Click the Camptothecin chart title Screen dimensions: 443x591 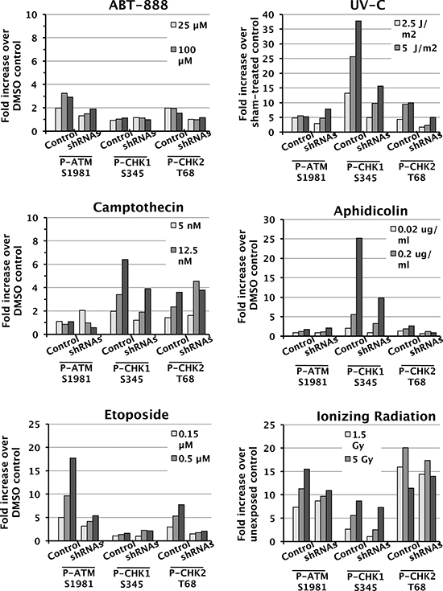(x=139, y=207)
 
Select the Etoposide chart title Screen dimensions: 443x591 (x=136, y=415)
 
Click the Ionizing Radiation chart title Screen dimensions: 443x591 (x=376, y=417)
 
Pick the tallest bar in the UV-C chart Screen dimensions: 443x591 (x=358, y=76)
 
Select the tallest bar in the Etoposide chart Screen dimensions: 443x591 (x=72, y=499)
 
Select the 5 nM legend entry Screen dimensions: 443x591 (x=186, y=226)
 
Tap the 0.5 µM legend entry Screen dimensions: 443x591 (x=190, y=458)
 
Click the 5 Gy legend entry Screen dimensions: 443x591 (x=359, y=459)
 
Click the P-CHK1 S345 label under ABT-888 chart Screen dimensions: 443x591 (x=132, y=168)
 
